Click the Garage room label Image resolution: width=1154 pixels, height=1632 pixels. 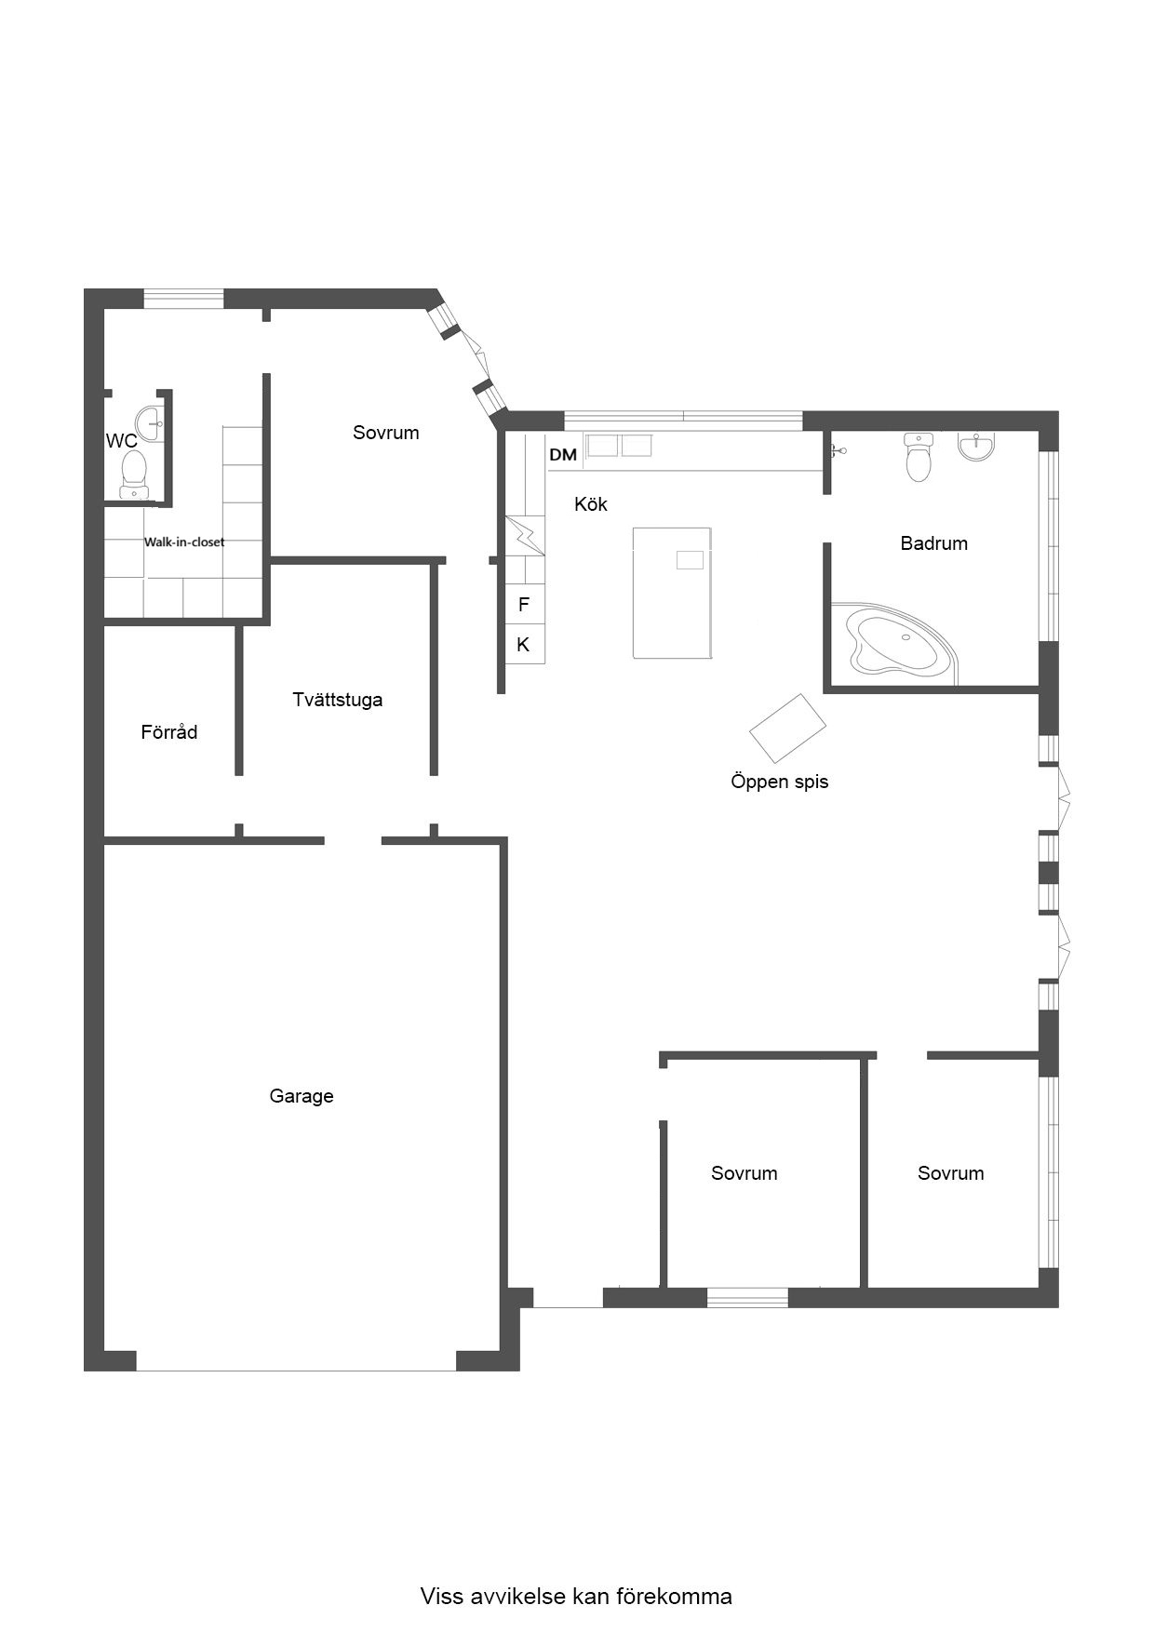(302, 1096)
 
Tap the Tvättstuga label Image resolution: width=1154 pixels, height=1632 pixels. (337, 700)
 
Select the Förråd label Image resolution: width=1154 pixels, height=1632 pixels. (169, 732)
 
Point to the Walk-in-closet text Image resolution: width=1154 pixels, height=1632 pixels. (184, 542)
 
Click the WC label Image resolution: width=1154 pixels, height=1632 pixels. (122, 441)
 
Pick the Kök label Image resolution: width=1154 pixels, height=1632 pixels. (591, 504)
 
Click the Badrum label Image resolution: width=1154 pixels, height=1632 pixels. (933, 543)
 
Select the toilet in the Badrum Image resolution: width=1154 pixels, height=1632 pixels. (919, 457)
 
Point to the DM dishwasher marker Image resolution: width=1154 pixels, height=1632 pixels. (563, 455)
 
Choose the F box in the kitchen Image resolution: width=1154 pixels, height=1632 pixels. (524, 605)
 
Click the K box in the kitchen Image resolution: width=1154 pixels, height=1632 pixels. (524, 644)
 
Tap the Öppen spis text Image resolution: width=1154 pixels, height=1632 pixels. (779, 782)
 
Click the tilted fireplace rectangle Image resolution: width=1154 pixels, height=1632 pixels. (788, 728)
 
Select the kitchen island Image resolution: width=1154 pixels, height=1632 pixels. (672, 593)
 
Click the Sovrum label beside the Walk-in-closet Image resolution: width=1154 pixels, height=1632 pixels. (385, 433)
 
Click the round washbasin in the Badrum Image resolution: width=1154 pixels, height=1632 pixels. (975, 447)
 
